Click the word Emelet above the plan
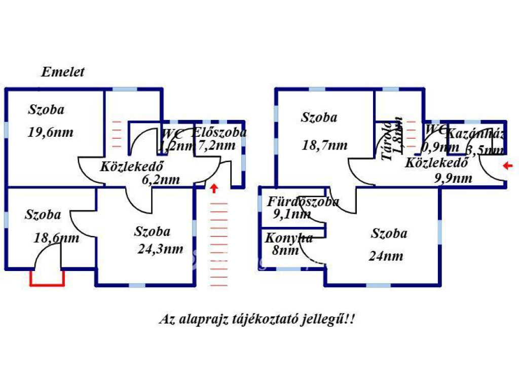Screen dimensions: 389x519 (63, 72)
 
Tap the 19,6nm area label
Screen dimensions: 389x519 (51, 133)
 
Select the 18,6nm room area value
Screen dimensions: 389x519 (57, 238)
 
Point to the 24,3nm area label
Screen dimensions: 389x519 (160, 249)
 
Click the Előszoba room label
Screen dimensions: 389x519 (219, 133)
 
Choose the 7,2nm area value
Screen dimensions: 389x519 (216, 146)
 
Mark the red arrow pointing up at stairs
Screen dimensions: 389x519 (214, 188)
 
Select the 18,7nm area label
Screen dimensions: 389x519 (324, 145)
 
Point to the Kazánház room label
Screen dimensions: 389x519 (475, 134)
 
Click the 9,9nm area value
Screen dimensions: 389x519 (453, 178)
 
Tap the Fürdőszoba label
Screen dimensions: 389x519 (303, 202)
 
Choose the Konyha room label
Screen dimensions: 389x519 (289, 238)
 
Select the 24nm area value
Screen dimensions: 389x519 (386, 256)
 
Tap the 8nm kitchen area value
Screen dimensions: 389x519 (278, 250)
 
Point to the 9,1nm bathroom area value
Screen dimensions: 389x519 (292, 214)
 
